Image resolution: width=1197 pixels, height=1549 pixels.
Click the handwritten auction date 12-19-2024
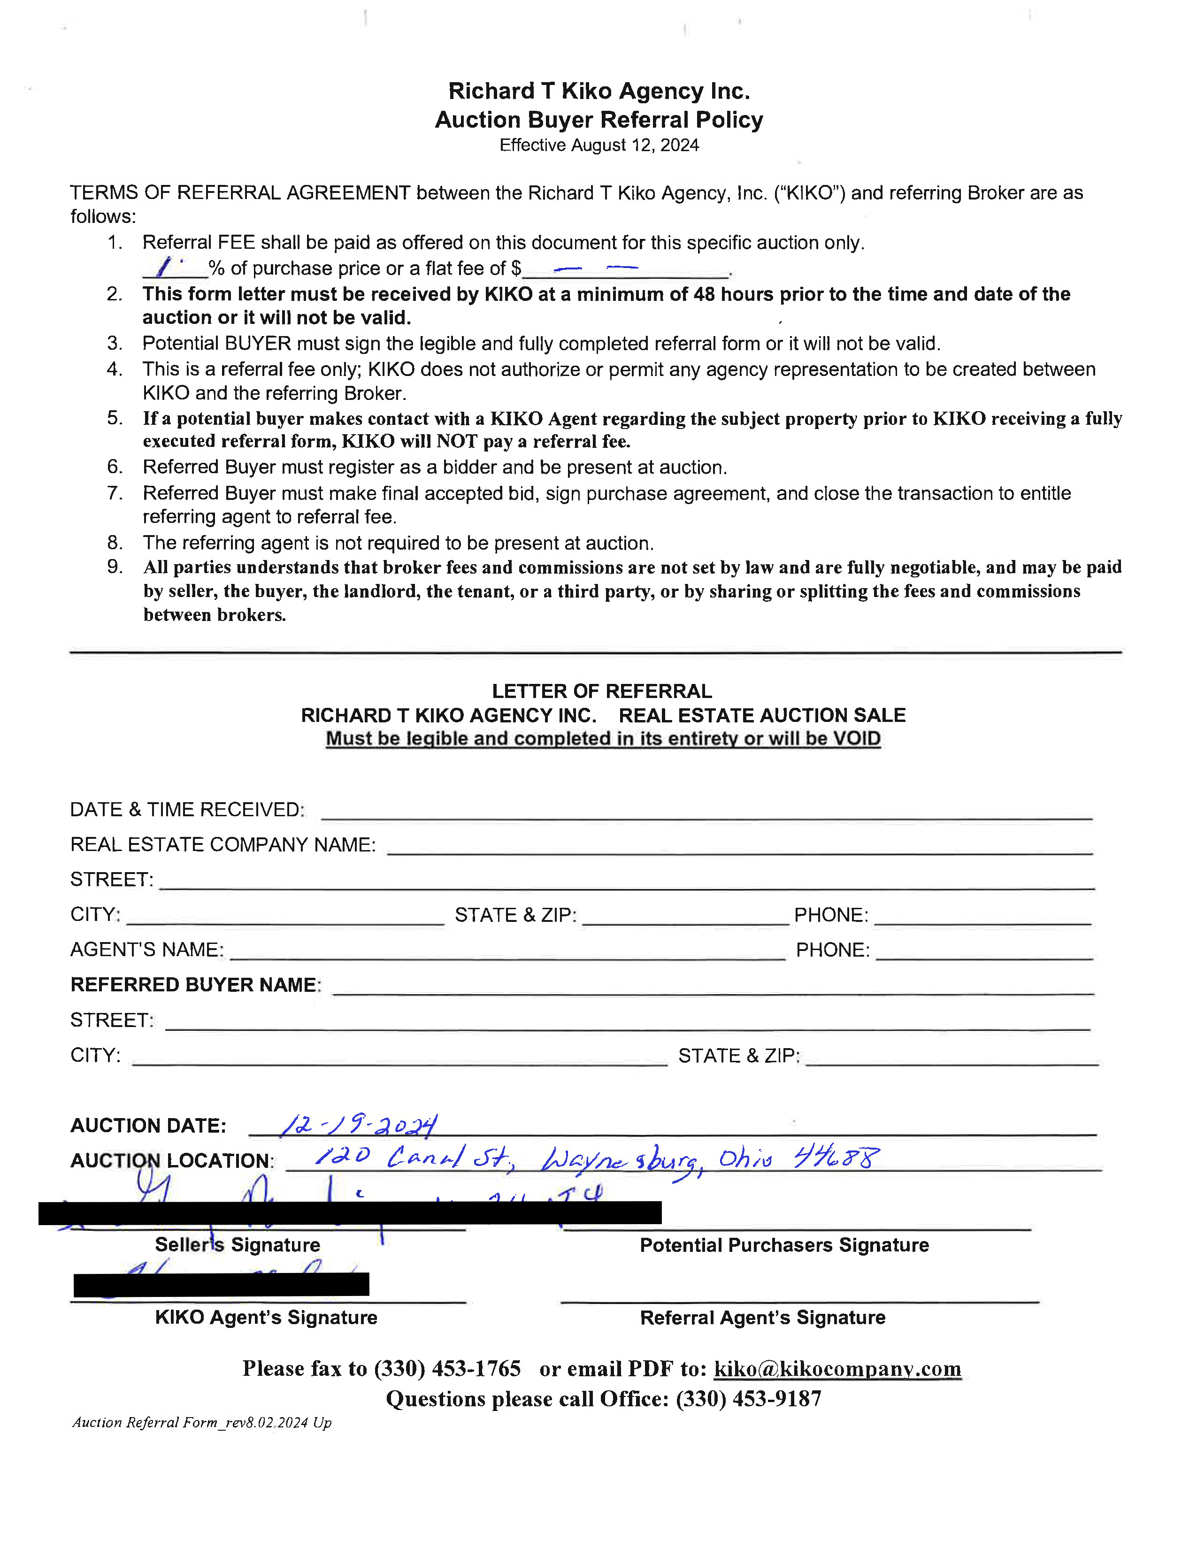pyautogui.click(x=359, y=1125)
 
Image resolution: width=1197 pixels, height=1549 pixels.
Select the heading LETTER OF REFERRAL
pyautogui.click(x=602, y=691)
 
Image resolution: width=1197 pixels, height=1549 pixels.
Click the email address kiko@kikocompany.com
pyautogui.click(x=837, y=1368)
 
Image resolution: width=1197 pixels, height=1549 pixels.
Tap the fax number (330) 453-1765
pyautogui.click(x=447, y=1368)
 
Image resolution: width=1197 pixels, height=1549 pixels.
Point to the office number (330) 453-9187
pyautogui.click(x=748, y=1399)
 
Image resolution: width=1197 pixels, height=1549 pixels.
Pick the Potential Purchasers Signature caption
pyautogui.click(x=784, y=1245)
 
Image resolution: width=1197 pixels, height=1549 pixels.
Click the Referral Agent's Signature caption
pyautogui.click(x=762, y=1317)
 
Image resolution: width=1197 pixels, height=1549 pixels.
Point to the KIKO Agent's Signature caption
pyautogui.click(x=266, y=1317)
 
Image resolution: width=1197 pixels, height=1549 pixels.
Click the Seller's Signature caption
pyautogui.click(x=238, y=1245)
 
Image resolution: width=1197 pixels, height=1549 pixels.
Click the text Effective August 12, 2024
pyautogui.click(x=599, y=146)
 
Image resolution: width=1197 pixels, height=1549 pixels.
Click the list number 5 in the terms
pyautogui.click(x=115, y=418)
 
